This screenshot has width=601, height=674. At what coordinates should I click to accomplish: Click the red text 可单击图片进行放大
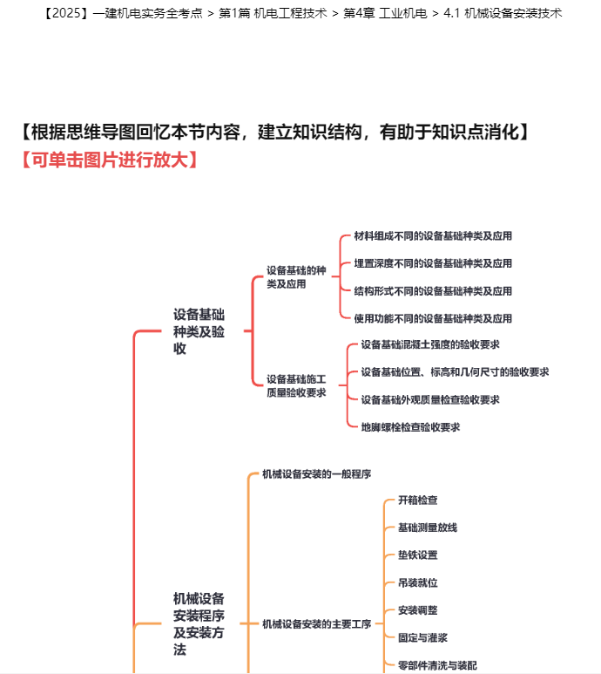point(110,160)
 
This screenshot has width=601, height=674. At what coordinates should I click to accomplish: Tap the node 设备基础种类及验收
point(199,331)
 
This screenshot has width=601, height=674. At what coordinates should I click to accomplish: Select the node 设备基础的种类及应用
point(296,277)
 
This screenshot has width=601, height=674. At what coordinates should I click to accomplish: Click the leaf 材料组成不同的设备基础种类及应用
point(433,236)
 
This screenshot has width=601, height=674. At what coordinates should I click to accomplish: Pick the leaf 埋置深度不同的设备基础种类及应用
point(433,263)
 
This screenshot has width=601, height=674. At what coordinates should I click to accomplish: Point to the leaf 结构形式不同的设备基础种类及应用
point(433,291)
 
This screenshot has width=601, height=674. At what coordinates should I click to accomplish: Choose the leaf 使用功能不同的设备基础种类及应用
point(433,318)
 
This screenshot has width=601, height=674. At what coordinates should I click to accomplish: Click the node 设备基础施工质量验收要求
point(296,385)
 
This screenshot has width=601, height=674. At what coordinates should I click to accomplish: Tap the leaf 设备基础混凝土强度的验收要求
point(430,344)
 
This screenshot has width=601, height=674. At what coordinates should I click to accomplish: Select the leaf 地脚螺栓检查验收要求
point(410,427)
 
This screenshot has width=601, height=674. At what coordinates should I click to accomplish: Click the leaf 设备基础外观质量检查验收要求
point(430,399)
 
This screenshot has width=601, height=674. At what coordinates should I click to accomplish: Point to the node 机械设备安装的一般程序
point(317,474)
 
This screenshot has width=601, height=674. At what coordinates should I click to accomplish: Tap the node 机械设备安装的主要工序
point(317,623)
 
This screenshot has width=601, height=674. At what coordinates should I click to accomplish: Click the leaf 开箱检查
point(418,500)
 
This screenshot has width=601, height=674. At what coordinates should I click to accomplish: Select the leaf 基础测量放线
point(428,528)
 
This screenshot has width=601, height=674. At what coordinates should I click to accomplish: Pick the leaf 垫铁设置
point(418,555)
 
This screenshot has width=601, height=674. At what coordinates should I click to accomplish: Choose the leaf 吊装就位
point(418,582)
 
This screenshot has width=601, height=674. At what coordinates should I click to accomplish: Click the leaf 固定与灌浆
point(422,637)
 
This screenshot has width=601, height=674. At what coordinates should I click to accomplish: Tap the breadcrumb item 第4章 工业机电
point(385,13)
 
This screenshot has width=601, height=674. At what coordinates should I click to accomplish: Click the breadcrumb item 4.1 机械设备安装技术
point(503,13)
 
